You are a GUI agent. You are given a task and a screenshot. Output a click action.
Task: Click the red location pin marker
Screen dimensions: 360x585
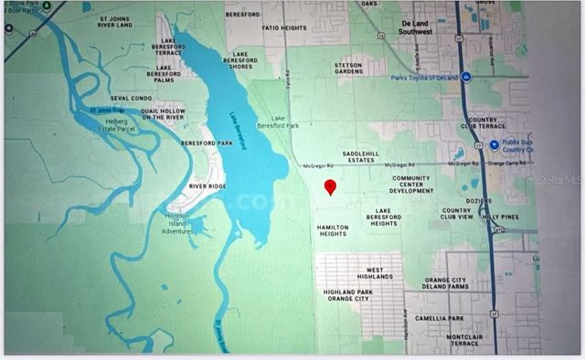[331, 186]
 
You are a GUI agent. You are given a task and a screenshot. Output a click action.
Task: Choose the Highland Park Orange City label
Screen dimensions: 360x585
[349, 294]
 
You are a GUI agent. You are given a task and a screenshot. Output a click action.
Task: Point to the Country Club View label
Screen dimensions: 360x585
[456, 214]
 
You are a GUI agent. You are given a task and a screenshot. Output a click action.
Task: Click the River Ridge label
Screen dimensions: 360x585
[206, 185]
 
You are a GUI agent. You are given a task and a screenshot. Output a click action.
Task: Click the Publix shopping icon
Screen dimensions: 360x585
[494, 144]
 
